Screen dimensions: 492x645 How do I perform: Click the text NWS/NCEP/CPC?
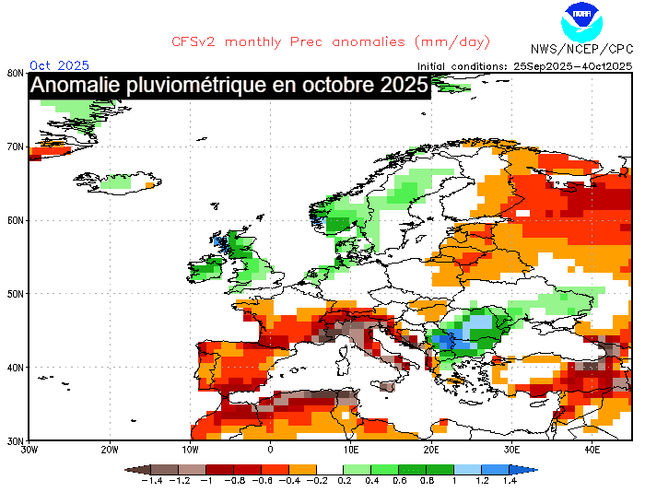pyautogui.click(x=581, y=49)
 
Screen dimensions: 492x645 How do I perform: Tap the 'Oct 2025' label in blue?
pyautogui.click(x=60, y=64)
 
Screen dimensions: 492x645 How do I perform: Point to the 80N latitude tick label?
pyautogui.click(x=14, y=73)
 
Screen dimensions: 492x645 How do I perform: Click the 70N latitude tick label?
pyautogui.click(x=14, y=146)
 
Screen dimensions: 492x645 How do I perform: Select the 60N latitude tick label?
pyautogui.click(x=14, y=220)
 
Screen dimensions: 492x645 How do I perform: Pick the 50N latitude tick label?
pyautogui.click(x=14, y=294)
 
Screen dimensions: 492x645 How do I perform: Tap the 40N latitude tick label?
pyautogui.click(x=14, y=368)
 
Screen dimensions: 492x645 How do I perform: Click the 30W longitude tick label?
pyautogui.click(x=29, y=450)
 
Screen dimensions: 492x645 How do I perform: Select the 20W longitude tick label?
pyautogui.click(x=110, y=450)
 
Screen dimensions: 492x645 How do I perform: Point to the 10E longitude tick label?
pyautogui.click(x=351, y=450)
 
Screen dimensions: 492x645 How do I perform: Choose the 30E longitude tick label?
pyautogui.click(x=512, y=450)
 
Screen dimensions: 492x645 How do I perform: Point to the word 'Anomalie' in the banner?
pyautogui.click(x=78, y=86)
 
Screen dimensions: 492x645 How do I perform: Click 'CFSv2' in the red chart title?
pyautogui.click(x=195, y=41)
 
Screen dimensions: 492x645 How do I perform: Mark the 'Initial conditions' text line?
pyautogui.click(x=524, y=65)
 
